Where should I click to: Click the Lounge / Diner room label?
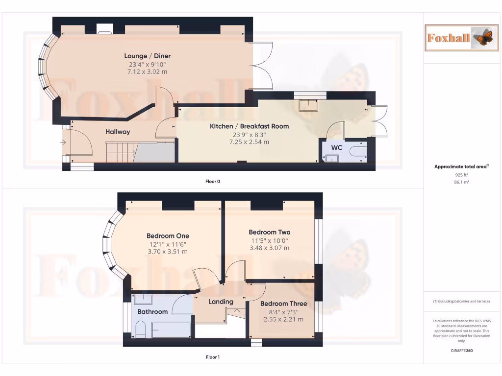point(147,56)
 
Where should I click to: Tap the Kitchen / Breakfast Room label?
point(249,126)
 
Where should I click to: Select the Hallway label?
point(118,132)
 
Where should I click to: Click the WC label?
point(337,147)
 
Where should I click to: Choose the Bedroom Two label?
point(269,232)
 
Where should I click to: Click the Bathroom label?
point(152,311)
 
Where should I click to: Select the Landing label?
point(221,302)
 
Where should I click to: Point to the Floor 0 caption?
point(212,181)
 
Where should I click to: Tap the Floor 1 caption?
point(212,357)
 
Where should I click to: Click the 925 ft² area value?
point(461,174)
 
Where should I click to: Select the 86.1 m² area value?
point(461,182)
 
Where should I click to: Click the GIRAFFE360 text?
point(461,351)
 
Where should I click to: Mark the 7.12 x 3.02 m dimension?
point(147,71)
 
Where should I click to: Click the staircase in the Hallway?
point(120,151)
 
